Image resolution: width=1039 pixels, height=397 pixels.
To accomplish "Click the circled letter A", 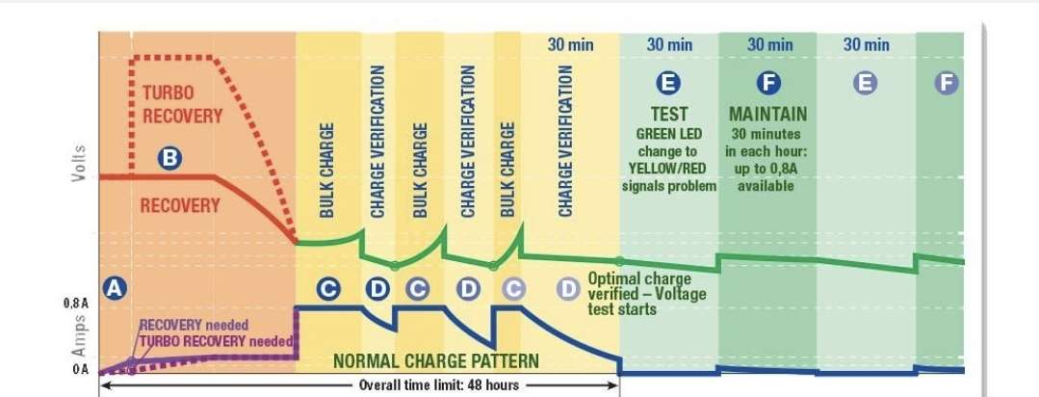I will (115, 287).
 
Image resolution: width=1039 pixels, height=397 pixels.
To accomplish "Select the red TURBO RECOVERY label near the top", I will (182, 104).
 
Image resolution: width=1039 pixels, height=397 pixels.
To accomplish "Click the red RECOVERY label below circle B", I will (180, 205).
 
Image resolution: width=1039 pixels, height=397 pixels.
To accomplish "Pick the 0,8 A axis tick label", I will (77, 304).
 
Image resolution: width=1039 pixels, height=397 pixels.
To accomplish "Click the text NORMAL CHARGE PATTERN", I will (435, 361).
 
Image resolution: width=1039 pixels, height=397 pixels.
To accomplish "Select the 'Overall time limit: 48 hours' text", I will (440, 385).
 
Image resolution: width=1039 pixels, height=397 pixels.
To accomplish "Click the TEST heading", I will (669, 115).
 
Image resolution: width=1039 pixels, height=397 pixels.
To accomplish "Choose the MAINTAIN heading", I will (767, 115).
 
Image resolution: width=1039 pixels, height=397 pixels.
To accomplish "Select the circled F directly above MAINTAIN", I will (767, 84).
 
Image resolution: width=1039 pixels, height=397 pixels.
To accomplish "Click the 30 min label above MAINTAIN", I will (769, 44).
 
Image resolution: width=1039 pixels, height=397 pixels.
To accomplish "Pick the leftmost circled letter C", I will (328, 287).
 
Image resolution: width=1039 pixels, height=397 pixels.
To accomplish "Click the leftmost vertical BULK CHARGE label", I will (327, 169).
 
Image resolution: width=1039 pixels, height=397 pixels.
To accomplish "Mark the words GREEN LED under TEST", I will (669, 134).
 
